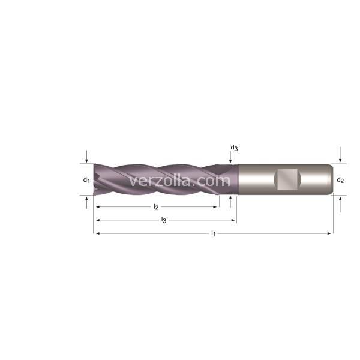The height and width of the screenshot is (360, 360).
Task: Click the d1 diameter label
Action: tap(86, 180)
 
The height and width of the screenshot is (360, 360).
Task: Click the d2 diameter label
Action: tap(340, 180)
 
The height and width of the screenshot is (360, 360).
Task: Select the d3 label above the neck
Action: tap(234, 148)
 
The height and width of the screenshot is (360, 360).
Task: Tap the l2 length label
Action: tap(156, 207)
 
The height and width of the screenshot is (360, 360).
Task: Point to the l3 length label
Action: tap(163, 220)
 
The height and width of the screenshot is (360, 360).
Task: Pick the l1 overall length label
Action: tap(213, 233)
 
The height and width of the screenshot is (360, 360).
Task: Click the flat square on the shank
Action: tap(287, 180)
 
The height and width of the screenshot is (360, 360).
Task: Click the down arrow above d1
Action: tap(86, 157)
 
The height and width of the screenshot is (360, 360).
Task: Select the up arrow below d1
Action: tap(86, 203)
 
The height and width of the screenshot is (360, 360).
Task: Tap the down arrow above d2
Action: tap(340, 154)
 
